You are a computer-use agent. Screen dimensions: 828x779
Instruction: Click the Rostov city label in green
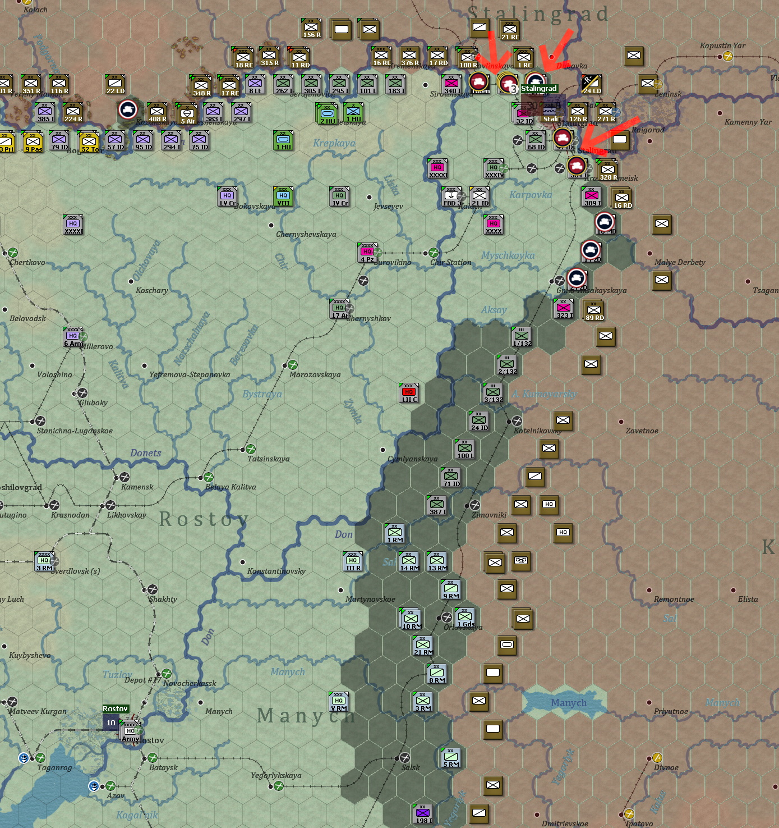click(x=116, y=709)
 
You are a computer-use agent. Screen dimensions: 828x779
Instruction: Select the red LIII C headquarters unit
click(x=409, y=393)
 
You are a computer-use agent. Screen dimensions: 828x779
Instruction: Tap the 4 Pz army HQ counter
click(x=367, y=253)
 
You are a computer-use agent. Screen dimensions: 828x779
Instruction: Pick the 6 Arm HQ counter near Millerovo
click(x=73, y=337)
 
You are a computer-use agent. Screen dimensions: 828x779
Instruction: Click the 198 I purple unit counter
click(x=423, y=814)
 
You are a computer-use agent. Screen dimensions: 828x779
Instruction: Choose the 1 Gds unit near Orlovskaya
click(x=465, y=617)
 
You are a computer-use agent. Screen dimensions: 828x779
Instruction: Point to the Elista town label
click(x=748, y=599)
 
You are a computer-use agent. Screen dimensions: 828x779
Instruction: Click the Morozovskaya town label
click(x=315, y=374)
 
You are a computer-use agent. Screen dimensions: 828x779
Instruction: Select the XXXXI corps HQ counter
click(x=73, y=225)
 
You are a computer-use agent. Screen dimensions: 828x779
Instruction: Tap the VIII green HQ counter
click(x=283, y=196)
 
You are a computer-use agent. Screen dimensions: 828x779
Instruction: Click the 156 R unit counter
click(x=311, y=28)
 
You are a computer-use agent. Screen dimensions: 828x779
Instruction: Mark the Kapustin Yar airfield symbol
click(x=728, y=56)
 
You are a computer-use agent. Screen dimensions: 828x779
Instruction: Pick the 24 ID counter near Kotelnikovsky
click(x=479, y=421)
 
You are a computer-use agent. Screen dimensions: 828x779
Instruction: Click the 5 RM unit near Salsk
click(x=451, y=758)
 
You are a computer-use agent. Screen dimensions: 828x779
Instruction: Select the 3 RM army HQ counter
click(x=44, y=561)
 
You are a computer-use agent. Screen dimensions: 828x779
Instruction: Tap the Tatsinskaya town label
click(x=268, y=459)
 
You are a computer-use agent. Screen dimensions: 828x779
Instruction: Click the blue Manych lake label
click(x=568, y=703)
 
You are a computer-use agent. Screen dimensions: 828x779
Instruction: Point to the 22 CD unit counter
click(x=115, y=84)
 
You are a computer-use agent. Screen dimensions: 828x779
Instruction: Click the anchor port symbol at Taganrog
click(x=24, y=758)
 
